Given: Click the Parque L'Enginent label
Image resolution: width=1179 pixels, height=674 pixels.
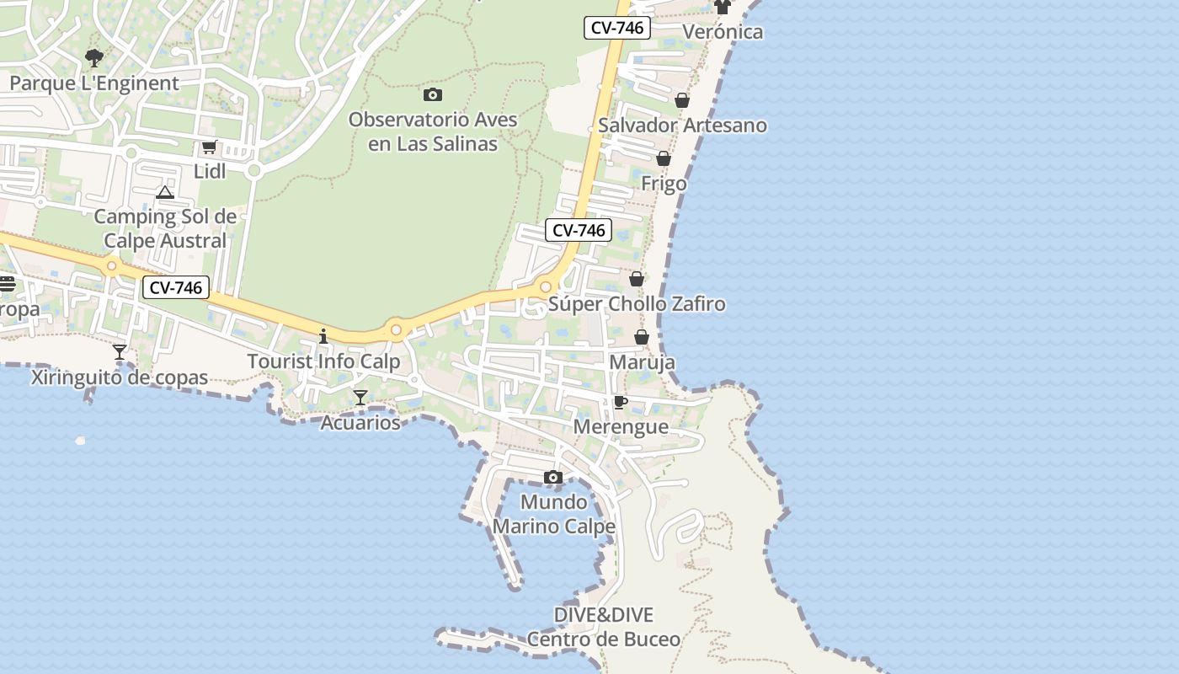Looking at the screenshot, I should [x=94, y=83].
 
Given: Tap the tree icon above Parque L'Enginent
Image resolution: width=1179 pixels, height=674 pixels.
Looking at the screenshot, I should [x=94, y=58].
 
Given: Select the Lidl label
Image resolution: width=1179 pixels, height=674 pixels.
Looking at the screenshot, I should [x=210, y=171].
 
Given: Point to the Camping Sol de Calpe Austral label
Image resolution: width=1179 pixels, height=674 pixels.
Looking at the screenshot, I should [x=165, y=228].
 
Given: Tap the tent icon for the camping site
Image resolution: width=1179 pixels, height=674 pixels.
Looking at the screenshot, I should [x=165, y=193].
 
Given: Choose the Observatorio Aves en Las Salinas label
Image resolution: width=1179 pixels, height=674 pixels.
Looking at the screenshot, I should [x=433, y=131].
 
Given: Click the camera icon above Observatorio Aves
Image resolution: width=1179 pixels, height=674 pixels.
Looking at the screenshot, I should [x=433, y=95].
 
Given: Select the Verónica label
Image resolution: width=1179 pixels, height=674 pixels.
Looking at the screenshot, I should [x=723, y=32].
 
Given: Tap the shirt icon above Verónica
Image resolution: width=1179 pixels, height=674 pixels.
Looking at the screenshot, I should [x=723, y=8].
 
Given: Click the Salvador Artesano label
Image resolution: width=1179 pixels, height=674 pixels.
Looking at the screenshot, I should [x=682, y=126].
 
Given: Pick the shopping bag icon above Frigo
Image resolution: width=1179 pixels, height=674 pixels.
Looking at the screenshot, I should [x=664, y=158].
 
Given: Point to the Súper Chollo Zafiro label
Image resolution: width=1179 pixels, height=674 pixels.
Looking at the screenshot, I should [x=637, y=304].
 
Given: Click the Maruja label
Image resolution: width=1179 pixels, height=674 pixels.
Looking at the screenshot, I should [x=642, y=362].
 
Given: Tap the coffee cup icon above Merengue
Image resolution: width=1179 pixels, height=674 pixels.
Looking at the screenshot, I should [x=621, y=402].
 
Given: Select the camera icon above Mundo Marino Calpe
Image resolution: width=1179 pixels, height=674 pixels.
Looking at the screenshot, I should [x=553, y=478].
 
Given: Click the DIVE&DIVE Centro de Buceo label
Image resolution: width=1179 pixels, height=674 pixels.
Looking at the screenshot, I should [x=604, y=627].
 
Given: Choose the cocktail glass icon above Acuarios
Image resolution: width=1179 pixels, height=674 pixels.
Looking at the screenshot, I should [x=360, y=398].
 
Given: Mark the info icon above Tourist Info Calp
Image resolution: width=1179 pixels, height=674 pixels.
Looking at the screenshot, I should [x=323, y=336].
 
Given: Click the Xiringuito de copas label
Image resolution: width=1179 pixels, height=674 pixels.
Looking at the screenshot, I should [x=120, y=377].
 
